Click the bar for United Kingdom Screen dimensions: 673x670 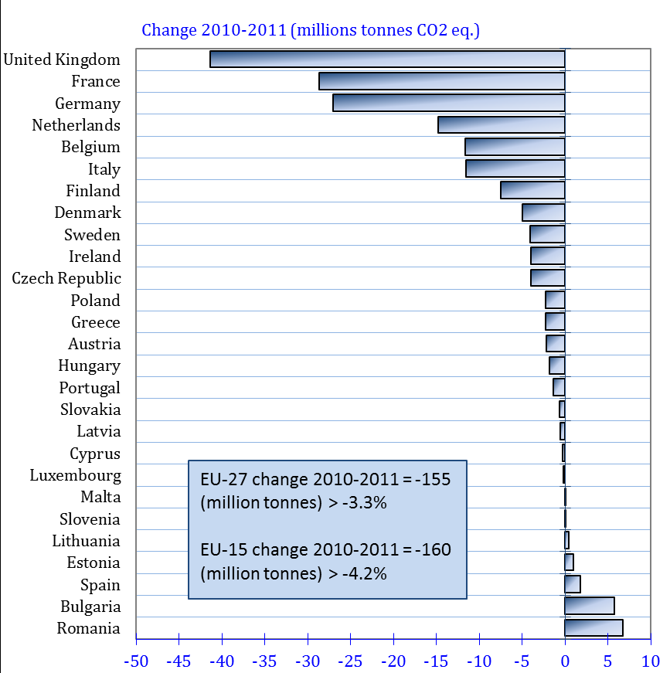[387, 59]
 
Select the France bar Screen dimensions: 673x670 [441, 81]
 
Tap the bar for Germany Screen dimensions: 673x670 [448, 103]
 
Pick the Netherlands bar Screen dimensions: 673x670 [501, 125]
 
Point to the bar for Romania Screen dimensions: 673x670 [593, 627]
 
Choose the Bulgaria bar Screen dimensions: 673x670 [590, 606]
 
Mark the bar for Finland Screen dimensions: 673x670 [532, 190]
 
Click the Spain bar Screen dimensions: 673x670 [573, 584]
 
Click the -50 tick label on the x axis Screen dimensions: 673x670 [137, 661]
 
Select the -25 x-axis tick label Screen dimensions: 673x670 [351, 661]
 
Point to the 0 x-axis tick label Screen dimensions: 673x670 [565, 661]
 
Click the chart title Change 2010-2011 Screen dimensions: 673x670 [311, 30]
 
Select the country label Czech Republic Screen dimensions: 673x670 [66, 278]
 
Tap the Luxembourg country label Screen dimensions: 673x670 [75, 475]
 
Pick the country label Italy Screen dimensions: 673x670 [104, 168]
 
